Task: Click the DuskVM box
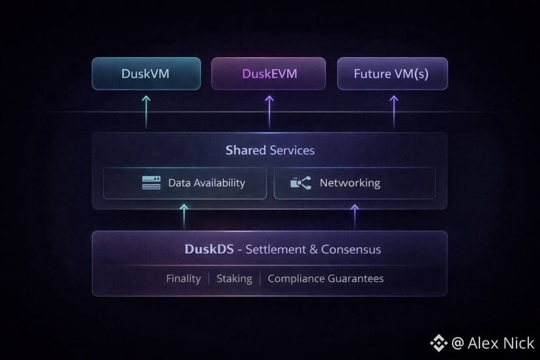(145, 74)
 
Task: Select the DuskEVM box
(269, 74)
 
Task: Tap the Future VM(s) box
(391, 74)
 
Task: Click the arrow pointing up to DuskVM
(146, 110)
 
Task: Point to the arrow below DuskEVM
(269, 110)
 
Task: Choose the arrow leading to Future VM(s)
(393, 110)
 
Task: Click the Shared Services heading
(269, 151)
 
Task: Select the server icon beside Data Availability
(151, 183)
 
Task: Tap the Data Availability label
(206, 183)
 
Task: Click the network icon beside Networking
(301, 183)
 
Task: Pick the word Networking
(350, 183)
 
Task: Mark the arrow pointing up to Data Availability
(185, 215)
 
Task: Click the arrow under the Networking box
(355, 215)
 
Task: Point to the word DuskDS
(207, 250)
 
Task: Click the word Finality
(183, 278)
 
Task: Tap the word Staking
(234, 278)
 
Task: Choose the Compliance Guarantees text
(325, 278)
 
